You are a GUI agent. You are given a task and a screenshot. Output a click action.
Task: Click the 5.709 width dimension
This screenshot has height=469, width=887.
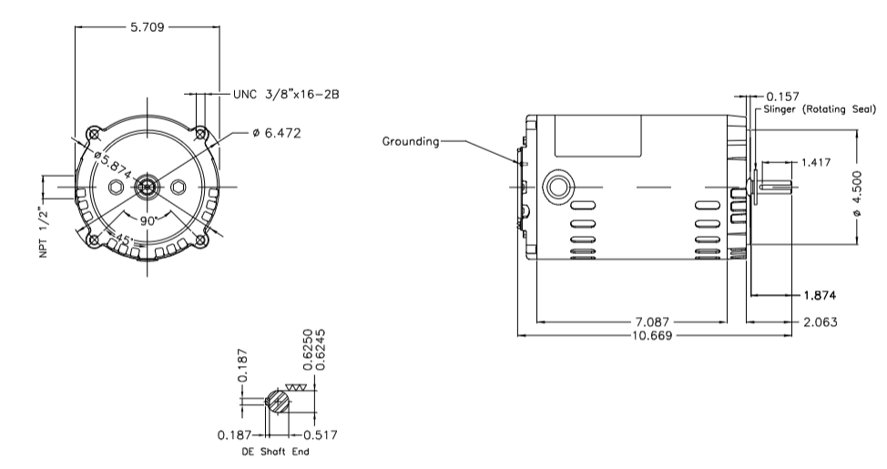click(147, 27)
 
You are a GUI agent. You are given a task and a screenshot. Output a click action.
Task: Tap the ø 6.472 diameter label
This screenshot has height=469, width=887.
click(277, 133)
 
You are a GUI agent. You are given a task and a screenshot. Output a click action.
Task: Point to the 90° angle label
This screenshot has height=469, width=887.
click(148, 220)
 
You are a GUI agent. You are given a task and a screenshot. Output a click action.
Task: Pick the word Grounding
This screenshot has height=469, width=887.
click(411, 141)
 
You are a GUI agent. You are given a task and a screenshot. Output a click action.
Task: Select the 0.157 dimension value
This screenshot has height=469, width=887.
click(784, 95)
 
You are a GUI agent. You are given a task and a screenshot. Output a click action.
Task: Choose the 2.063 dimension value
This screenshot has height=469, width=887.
click(819, 322)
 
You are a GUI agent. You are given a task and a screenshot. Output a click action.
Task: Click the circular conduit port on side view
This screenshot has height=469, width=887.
click(555, 188)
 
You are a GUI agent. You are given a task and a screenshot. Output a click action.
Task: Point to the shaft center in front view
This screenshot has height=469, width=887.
click(147, 188)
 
